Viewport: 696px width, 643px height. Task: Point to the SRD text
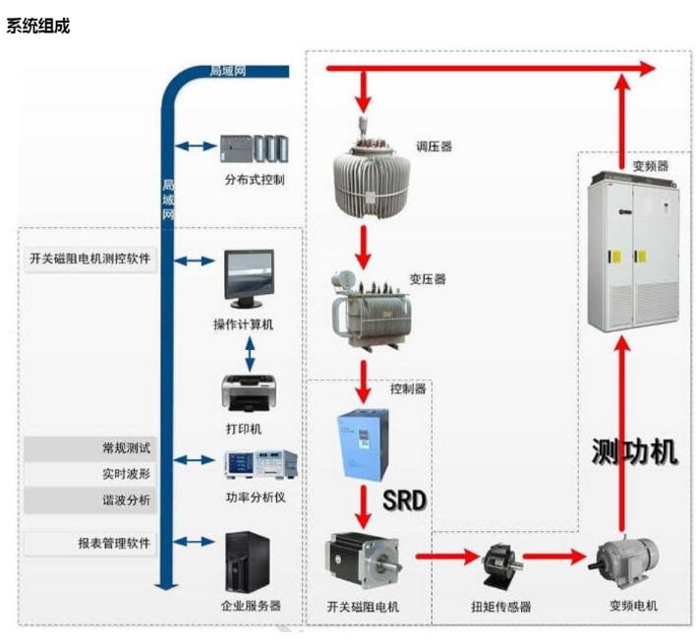(405, 500)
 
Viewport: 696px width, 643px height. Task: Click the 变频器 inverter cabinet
(632, 250)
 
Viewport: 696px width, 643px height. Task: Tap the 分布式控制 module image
(254, 148)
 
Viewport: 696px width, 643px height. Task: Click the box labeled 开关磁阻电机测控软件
(88, 260)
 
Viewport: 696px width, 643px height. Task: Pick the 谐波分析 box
(88, 499)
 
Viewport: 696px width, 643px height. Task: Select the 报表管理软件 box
(88, 543)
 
